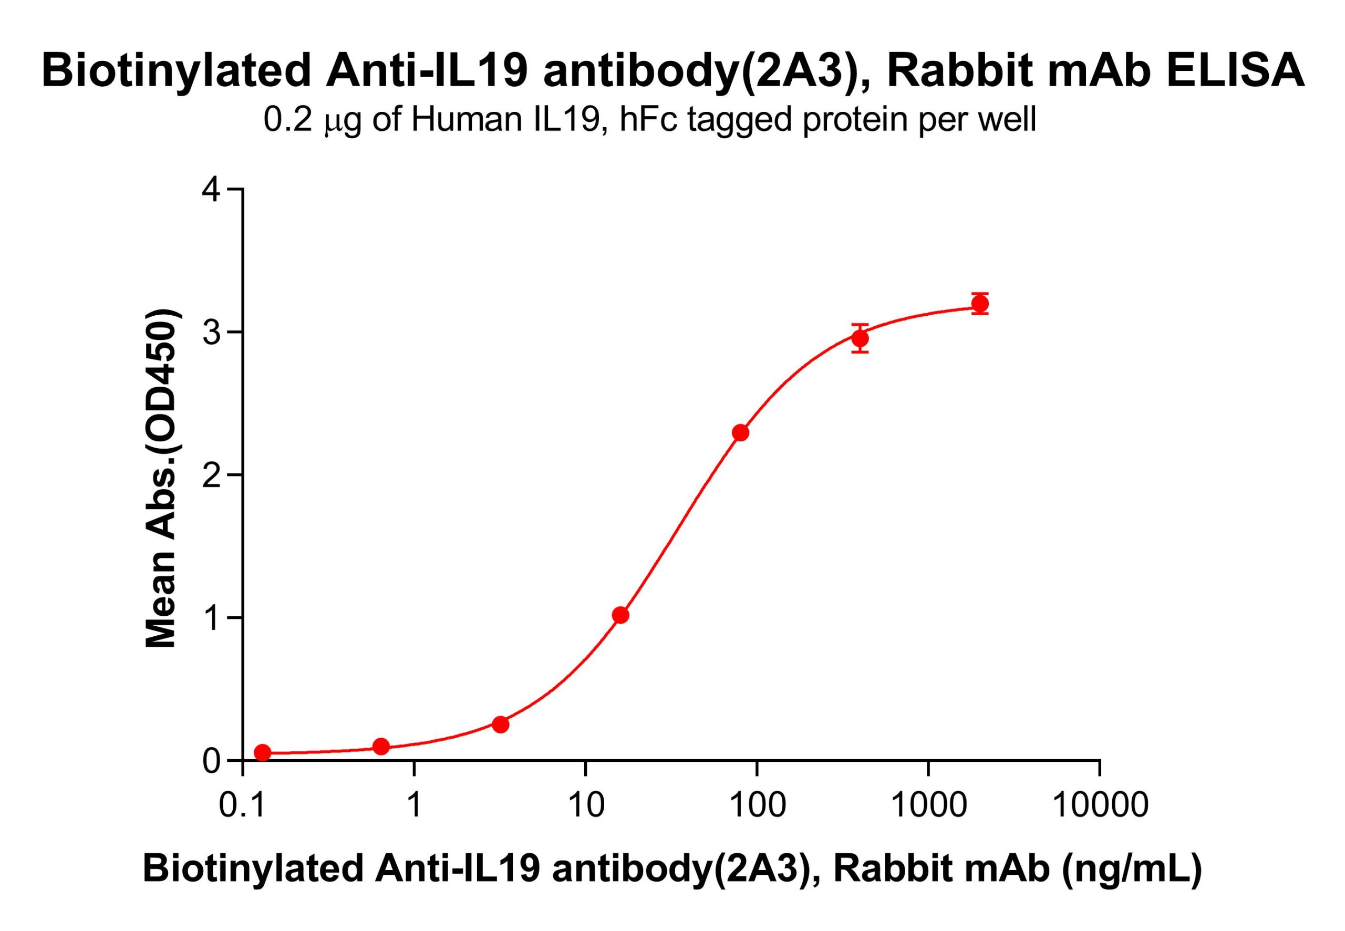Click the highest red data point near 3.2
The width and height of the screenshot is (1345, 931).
coord(980,304)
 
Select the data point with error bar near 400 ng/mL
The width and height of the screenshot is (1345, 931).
coord(860,338)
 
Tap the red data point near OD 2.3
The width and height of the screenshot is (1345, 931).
coord(740,433)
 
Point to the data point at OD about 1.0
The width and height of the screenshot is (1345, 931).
coord(620,615)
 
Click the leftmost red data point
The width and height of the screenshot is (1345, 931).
coord(263,752)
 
